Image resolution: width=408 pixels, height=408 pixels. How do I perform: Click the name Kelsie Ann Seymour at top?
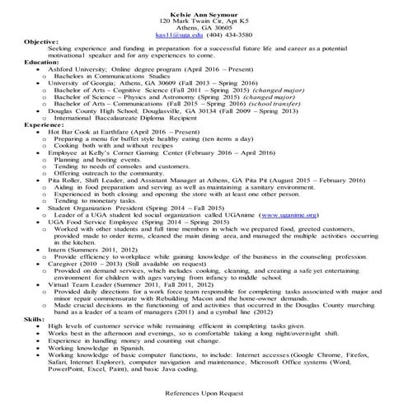tap(204, 5)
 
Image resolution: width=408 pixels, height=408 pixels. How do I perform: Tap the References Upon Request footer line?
tap(204, 393)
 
